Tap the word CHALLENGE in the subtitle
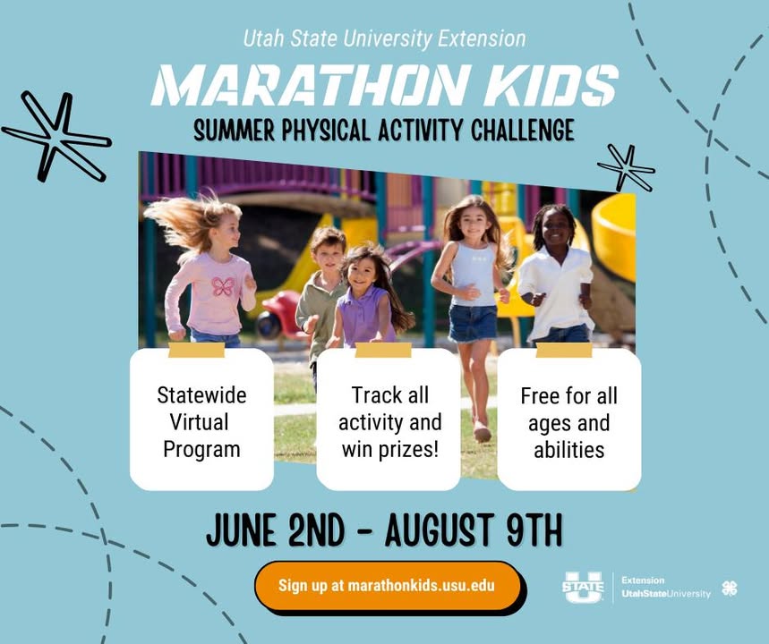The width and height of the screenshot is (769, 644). coord(522,131)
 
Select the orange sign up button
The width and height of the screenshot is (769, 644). coord(388,586)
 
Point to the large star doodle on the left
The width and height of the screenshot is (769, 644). coord(57,136)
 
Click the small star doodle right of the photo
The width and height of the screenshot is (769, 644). coord(627,167)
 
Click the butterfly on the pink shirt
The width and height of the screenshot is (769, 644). coord(223,286)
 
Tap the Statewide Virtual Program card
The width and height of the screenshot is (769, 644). coord(201,419)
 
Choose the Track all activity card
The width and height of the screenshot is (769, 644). coord(389,419)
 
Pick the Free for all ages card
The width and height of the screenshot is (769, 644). coord(568,419)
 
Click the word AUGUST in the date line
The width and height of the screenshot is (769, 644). coord(439,530)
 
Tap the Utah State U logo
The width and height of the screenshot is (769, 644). coord(583,587)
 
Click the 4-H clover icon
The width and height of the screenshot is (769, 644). coord(730,589)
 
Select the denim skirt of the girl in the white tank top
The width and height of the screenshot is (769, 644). coord(473,323)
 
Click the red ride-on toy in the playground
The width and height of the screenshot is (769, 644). coord(278,314)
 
